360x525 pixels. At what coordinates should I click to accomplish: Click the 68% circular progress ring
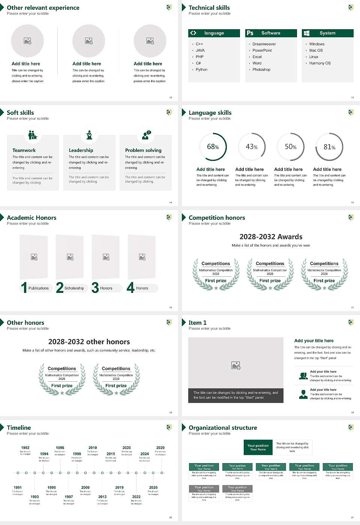213,147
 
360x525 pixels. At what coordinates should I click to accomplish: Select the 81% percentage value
329,147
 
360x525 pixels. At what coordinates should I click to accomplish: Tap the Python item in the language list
201,70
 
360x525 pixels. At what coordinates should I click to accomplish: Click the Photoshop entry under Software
261,70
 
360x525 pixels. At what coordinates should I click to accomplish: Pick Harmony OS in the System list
320,63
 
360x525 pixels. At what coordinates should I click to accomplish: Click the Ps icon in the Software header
250,33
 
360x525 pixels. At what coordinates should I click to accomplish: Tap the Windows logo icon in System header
306,33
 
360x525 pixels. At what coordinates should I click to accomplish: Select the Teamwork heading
24,150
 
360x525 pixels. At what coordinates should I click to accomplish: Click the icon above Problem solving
145,135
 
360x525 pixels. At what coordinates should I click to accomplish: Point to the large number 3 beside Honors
95,288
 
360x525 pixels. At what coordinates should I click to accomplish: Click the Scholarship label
74,288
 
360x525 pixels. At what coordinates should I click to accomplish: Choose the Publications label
39,288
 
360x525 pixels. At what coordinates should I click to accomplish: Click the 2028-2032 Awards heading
271,237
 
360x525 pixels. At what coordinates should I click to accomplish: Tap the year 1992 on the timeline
25,448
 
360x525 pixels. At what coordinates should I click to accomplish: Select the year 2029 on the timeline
160,448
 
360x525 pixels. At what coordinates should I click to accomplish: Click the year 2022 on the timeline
136,497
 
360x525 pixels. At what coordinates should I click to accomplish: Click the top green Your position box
258,447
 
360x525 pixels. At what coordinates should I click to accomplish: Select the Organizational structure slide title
223,428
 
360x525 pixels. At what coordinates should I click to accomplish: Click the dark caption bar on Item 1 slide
235,395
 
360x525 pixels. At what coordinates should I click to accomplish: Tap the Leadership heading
81,150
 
